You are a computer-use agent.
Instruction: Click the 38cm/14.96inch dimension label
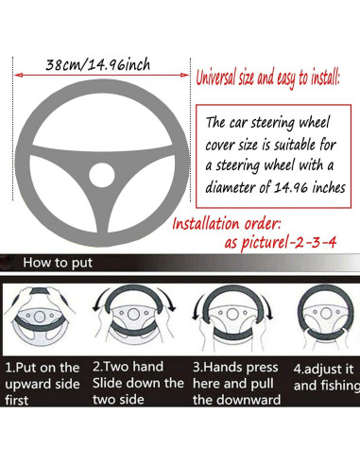pos(98,65)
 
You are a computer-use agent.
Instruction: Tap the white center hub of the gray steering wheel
pos(102,175)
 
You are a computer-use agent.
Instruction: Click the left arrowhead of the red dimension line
pos(19,75)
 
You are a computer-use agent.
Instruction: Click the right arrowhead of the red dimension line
pos(184,75)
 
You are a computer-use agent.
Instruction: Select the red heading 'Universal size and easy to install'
pos(267,77)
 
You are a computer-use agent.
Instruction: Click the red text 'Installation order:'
pos(227,224)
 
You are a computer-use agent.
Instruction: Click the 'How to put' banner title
pos(58,263)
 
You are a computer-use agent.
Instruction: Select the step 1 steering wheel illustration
pos(40,317)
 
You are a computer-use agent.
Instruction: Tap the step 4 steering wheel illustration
pos(326,317)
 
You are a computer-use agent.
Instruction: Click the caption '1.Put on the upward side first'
pos(43,384)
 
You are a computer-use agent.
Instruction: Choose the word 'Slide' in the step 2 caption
pos(106,383)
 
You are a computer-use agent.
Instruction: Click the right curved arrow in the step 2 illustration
pos(168,297)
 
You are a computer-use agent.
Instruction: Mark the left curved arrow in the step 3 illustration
pos(196,307)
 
